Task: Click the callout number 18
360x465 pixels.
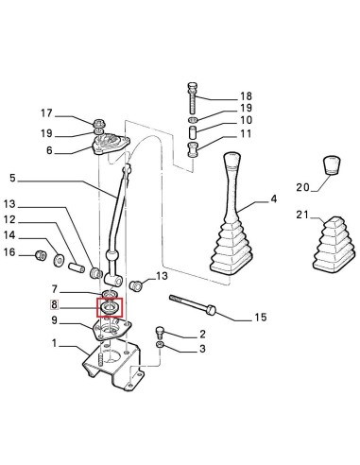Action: coord(247,97)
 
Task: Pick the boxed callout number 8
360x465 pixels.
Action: coord(55,306)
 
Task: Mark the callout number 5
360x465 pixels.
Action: coord(13,177)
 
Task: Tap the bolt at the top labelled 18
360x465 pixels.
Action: coord(192,96)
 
